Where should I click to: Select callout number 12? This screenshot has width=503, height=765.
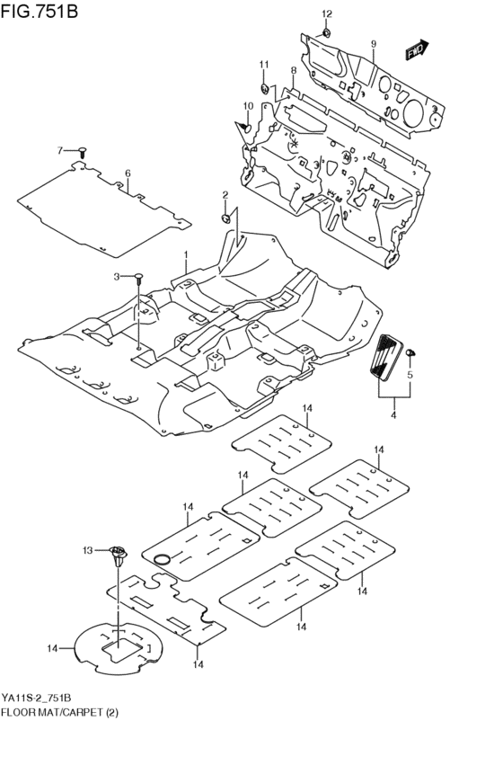pyautogui.click(x=327, y=13)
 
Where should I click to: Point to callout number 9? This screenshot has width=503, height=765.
pyautogui.click(x=373, y=44)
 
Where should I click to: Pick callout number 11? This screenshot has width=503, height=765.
pyautogui.click(x=264, y=64)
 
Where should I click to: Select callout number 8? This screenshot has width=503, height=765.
pyautogui.click(x=293, y=70)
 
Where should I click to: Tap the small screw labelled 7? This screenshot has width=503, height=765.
pyautogui.click(x=82, y=151)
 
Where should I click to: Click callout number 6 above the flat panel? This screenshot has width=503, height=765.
pyautogui.click(x=128, y=173)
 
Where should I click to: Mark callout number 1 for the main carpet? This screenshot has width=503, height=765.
pyautogui.click(x=187, y=254)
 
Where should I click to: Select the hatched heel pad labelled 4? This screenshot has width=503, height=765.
pyautogui.click(x=387, y=359)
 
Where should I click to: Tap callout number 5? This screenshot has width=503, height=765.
pyautogui.click(x=410, y=375)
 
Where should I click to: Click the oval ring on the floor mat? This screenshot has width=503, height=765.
pyautogui.click(x=162, y=560)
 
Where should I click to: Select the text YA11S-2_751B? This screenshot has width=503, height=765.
pyautogui.click(x=37, y=699)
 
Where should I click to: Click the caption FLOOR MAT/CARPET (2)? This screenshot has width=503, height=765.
pyautogui.click(x=59, y=712)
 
